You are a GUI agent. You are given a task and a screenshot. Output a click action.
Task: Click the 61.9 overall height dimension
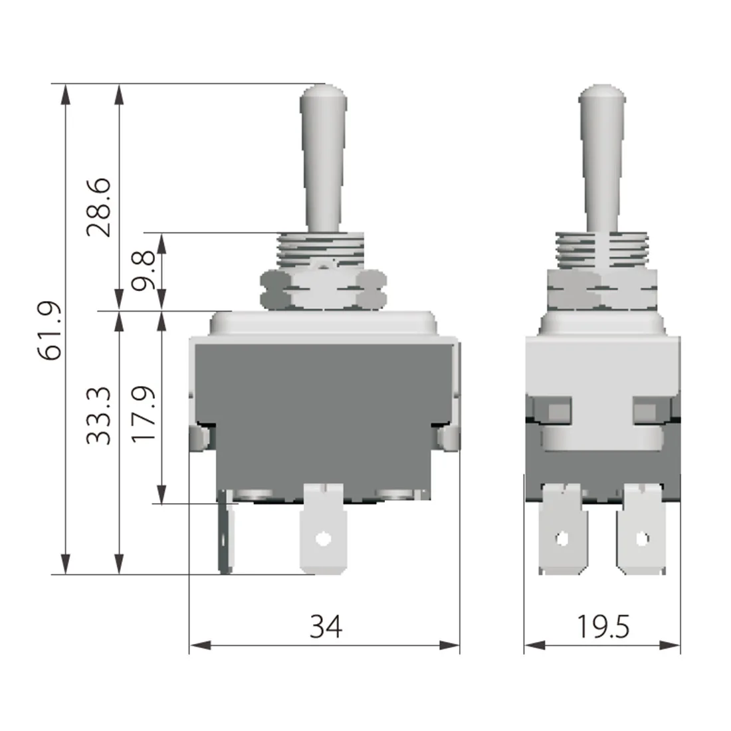[51, 330]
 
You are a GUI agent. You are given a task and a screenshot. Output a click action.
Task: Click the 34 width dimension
[326, 626]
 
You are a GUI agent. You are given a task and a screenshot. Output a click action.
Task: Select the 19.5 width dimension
[602, 626]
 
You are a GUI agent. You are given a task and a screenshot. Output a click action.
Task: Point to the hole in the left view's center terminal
[323, 538]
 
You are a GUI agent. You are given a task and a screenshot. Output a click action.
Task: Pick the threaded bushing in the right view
[602, 250]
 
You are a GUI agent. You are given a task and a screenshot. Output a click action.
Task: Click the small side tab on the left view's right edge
[450, 437]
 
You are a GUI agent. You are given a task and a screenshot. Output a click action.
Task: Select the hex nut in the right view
[602, 290]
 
